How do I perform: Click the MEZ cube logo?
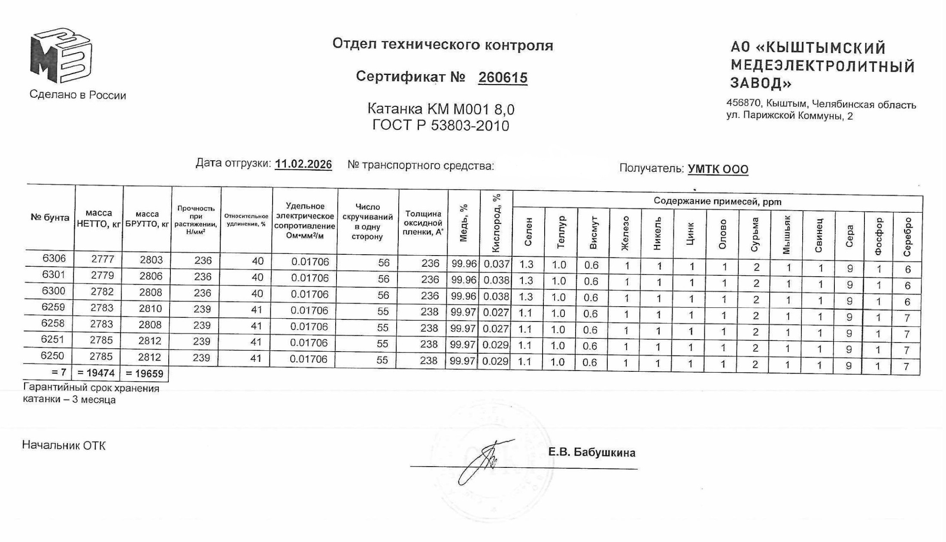click(x=61, y=56)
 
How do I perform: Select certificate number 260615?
click(x=503, y=78)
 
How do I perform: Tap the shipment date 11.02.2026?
click(x=303, y=164)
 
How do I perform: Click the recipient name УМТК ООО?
click(x=718, y=169)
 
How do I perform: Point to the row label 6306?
click(x=54, y=258)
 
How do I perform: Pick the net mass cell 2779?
click(x=103, y=275)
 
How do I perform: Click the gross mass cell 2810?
click(x=150, y=309)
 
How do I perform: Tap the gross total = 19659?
click(x=145, y=373)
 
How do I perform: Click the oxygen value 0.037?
click(x=497, y=264)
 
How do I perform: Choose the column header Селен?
click(x=528, y=232)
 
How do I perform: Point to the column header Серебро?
click(x=907, y=237)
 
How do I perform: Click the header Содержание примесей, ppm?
click(x=717, y=202)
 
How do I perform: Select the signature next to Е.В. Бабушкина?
click(x=485, y=461)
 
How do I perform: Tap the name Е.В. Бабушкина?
click(x=591, y=452)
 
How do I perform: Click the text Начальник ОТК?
click(x=64, y=446)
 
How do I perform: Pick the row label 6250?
click(x=52, y=355)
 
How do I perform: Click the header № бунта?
click(x=50, y=217)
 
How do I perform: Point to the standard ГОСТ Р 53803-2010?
click(x=440, y=126)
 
